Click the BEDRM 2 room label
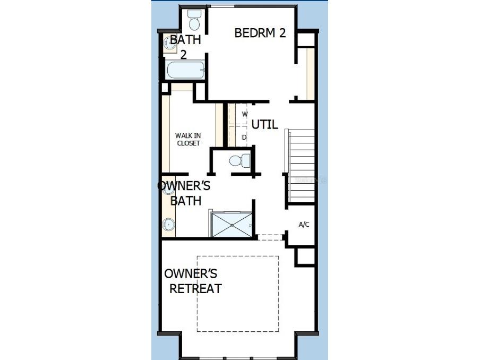[x=260, y=33]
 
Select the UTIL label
[x=264, y=125]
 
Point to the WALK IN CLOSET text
[x=188, y=139]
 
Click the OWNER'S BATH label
[x=185, y=193]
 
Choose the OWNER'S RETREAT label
[x=192, y=281]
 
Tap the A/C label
[x=304, y=225]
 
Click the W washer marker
[x=245, y=114]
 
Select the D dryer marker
[x=244, y=138]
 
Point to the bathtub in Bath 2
[x=185, y=70]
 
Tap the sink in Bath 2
[x=171, y=42]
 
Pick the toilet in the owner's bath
[x=239, y=160]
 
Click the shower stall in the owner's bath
[x=232, y=224]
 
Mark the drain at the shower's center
[x=232, y=225]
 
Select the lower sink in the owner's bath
[x=169, y=225]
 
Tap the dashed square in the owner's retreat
[x=238, y=294]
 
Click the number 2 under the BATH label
[x=183, y=54]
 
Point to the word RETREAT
[x=195, y=289]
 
